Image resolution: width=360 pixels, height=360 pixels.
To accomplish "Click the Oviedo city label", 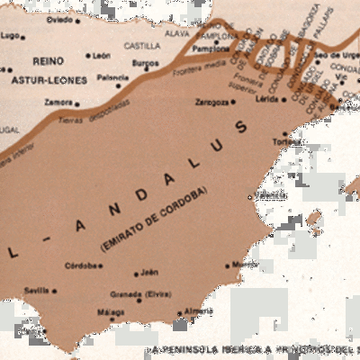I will point(59,19).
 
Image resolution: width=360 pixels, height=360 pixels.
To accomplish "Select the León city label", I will point(102,55).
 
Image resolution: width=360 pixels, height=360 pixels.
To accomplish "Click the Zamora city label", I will point(58,103).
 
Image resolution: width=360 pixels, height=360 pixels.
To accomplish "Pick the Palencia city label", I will point(113,77).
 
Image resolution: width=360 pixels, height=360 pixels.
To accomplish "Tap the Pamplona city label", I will point(212,49).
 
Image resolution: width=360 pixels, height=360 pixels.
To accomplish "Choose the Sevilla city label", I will point(37,291).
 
